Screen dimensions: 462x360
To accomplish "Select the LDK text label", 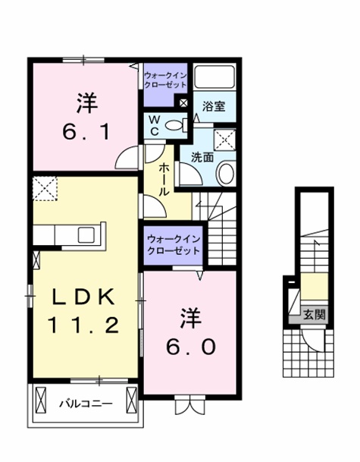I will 83,297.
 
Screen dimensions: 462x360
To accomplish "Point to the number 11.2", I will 83,326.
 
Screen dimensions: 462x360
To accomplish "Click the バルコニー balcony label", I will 83,403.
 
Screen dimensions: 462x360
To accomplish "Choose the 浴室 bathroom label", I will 213,108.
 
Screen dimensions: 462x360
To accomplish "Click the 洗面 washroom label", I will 202,157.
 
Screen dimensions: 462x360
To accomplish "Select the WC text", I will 155,124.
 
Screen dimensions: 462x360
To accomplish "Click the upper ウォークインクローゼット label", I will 164,80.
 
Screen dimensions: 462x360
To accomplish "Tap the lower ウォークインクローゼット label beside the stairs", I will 174,245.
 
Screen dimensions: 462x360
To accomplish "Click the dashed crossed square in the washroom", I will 226,140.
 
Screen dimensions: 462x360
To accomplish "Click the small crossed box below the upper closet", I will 182,103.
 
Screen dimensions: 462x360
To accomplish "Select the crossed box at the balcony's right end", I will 133,398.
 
